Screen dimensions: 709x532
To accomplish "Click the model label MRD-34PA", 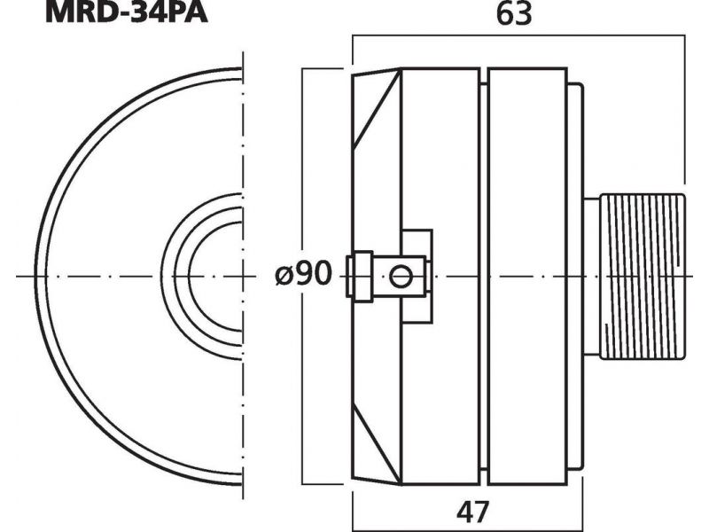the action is tap(126, 12).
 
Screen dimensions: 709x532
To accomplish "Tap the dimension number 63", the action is tap(514, 14).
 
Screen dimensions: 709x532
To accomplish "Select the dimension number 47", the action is tap(472, 512).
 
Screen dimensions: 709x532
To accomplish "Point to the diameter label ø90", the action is tap(303, 273).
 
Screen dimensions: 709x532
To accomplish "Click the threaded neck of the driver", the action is tap(642, 277).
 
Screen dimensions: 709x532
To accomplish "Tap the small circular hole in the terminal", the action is tap(401, 277).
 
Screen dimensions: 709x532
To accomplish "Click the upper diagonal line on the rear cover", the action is tap(378, 109).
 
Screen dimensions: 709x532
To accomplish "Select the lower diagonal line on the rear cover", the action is tap(378, 443).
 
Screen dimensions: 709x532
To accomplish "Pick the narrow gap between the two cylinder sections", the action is tap(484, 277).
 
